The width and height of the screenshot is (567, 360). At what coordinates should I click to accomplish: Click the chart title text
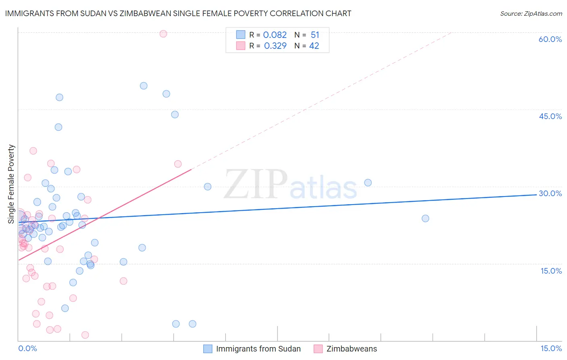pyautogui.click(x=178, y=13)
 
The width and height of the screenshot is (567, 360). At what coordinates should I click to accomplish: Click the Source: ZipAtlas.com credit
pyautogui.click(x=531, y=13)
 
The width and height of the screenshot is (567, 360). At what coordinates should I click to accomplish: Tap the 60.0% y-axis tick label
pyautogui.click(x=550, y=39)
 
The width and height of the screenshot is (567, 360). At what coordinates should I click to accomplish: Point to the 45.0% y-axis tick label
pyautogui.click(x=550, y=116)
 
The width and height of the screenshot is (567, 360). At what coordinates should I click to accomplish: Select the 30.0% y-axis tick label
pyautogui.click(x=550, y=193)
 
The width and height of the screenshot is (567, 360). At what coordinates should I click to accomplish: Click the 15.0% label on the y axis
pyautogui.click(x=551, y=271)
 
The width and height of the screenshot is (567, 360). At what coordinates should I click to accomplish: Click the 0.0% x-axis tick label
pyautogui.click(x=27, y=348)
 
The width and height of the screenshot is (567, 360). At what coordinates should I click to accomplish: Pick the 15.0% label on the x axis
pyautogui.click(x=551, y=348)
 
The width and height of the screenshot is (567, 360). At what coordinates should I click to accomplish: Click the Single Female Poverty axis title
pyautogui.click(x=11, y=184)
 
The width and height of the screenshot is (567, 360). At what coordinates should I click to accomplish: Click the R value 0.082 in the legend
pyautogui.click(x=275, y=35)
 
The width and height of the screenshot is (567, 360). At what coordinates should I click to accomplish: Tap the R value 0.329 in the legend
pyautogui.click(x=275, y=46)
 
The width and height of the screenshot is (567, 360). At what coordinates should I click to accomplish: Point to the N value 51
pyautogui.click(x=315, y=35)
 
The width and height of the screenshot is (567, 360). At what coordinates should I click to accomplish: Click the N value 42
pyautogui.click(x=314, y=46)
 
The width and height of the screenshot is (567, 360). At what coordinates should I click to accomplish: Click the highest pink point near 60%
pyautogui.click(x=163, y=34)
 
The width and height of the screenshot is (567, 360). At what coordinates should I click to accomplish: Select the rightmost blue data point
pyautogui.click(x=425, y=218)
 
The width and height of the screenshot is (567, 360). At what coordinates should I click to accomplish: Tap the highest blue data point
pyautogui.click(x=144, y=86)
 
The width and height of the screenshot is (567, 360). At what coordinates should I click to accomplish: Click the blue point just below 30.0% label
pyautogui.click(x=368, y=183)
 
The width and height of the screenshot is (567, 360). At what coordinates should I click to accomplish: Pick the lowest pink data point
pyautogui.click(x=85, y=335)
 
